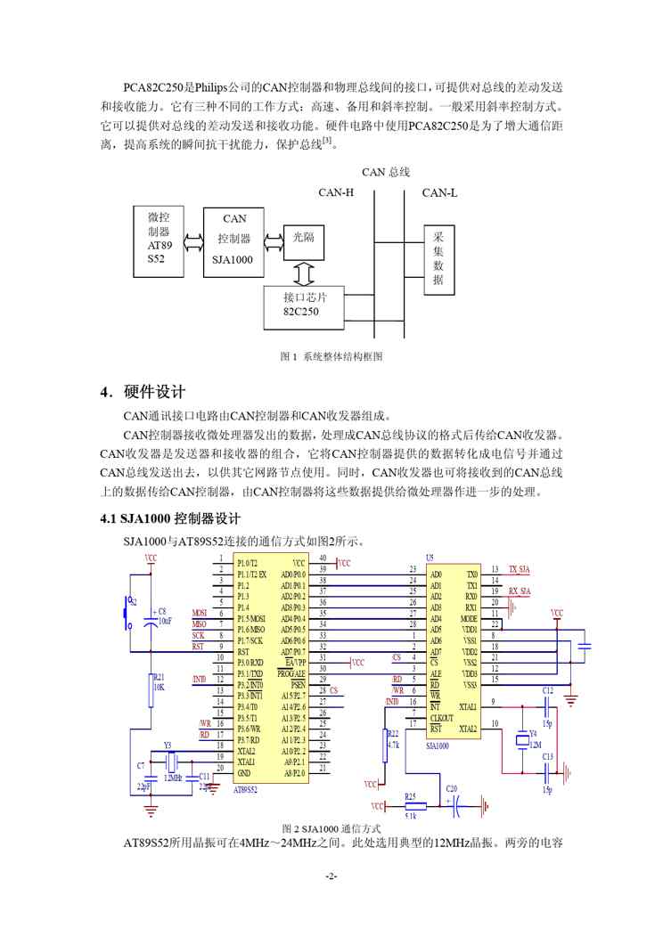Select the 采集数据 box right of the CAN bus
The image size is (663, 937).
point(438,259)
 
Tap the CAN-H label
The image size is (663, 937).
point(336,192)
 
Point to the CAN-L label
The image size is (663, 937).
point(439,192)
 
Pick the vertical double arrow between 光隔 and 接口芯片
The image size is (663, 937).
point(304,269)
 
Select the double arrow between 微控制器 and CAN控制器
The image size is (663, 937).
point(193,240)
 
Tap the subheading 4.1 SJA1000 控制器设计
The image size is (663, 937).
point(169,518)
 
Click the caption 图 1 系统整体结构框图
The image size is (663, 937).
point(331,356)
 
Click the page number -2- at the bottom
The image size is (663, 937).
point(331,876)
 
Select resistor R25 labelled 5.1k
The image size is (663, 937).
point(411,805)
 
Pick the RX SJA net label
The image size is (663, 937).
point(519,591)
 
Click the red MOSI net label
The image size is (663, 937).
point(200,614)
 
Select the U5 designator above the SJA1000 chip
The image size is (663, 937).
point(430,557)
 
